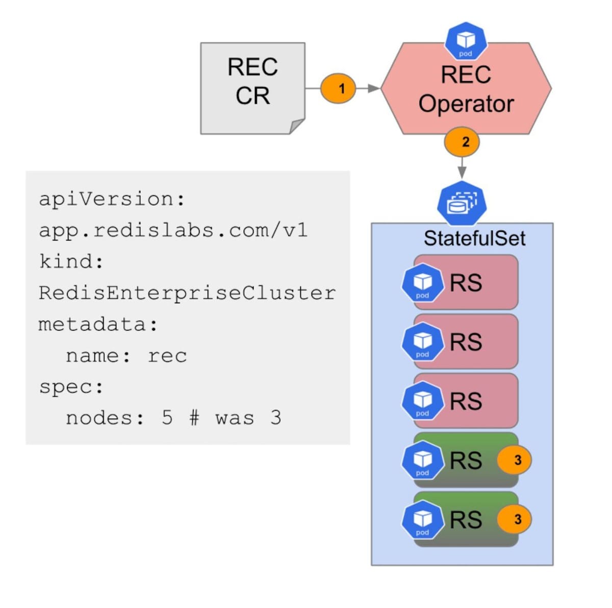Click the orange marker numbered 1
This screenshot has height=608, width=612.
click(338, 88)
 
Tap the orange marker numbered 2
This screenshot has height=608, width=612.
click(462, 142)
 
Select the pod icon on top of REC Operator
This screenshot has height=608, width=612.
click(466, 41)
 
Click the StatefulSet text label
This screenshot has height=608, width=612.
click(474, 238)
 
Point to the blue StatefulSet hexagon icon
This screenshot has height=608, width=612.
click(462, 204)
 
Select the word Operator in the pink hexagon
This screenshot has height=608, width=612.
click(466, 104)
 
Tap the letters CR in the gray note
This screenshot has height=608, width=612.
click(252, 95)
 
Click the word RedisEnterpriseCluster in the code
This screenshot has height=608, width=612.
click(187, 293)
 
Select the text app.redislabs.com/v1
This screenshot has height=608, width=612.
click(173, 230)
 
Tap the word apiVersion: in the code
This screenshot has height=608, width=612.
click(112, 199)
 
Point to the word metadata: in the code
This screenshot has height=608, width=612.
click(98, 325)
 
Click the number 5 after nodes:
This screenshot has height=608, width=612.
click(167, 418)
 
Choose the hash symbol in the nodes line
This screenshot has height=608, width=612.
click(194, 418)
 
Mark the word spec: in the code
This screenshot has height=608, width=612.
click(71, 387)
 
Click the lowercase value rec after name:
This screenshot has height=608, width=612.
click(167, 356)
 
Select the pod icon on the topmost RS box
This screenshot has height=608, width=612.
click(422, 283)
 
